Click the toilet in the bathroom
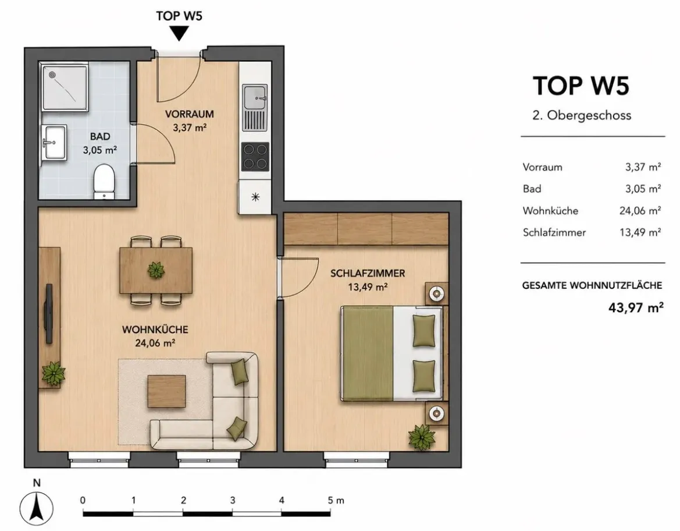[x=104, y=181]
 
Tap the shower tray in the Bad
[x=65, y=87]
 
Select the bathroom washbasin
[x=55, y=143]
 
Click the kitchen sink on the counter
[x=255, y=97]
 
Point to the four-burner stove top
[x=255, y=157]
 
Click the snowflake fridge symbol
[x=255, y=197]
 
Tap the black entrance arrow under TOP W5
[x=179, y=34]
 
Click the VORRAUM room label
[x=190, y=114]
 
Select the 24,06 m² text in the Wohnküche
[x=155, y=343]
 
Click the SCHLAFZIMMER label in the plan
[x=368, y=273]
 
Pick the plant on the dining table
[x=156, y=270]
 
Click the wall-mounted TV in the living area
[x=49, y=314]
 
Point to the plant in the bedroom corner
[x=422, y=437]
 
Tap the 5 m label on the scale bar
[x=336, y=500]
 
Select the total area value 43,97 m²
[x=636, y=308]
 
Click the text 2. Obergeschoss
[x=582, y=115]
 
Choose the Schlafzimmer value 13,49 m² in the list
[x=640, y=232]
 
